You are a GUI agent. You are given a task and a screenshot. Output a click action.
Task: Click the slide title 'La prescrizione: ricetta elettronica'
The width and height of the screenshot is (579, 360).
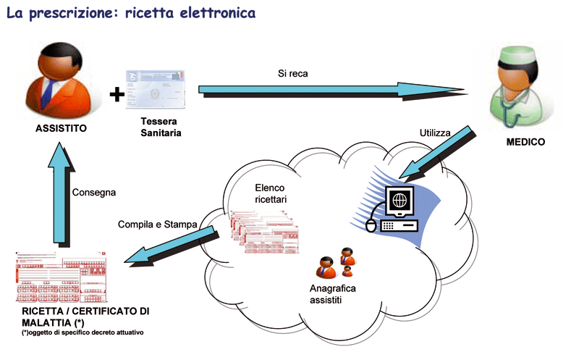pyautogui.click(x=130, y=14)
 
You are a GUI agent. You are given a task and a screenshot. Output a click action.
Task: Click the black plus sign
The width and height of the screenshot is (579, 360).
pyautogui.click(x=114, y=93)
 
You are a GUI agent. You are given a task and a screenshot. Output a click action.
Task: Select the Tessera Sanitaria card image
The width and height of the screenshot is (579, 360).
pyautogui.click(x=156, y=88)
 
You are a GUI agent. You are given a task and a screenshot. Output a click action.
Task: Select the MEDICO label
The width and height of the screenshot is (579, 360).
pyautogui.click(x=525, y=142)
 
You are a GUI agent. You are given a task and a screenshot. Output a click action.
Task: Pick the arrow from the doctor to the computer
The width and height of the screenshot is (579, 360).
pyautogui.click(x=437, y=152)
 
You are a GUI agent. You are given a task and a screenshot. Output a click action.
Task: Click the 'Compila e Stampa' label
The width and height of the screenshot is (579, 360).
pyautogui.click(x=157, y=225)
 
